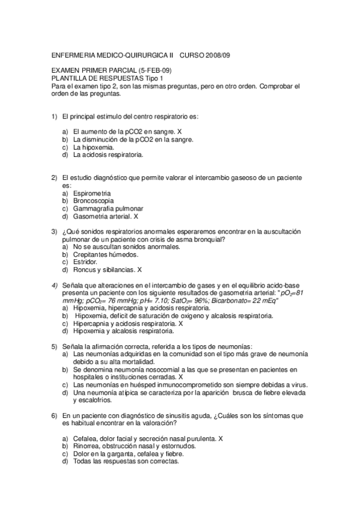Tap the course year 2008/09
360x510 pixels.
pos(213,55)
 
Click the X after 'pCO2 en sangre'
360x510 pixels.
pos(180,131)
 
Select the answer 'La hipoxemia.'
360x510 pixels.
pos(94,147)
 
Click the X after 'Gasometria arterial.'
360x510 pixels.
pos(136,216)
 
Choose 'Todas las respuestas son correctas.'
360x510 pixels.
pos(126,462)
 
